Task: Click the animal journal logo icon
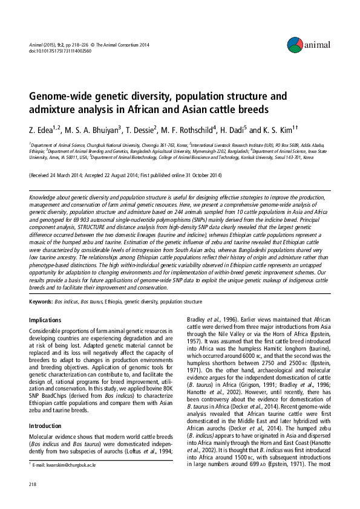click(295, 44)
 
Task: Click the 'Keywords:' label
click(41, 300)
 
